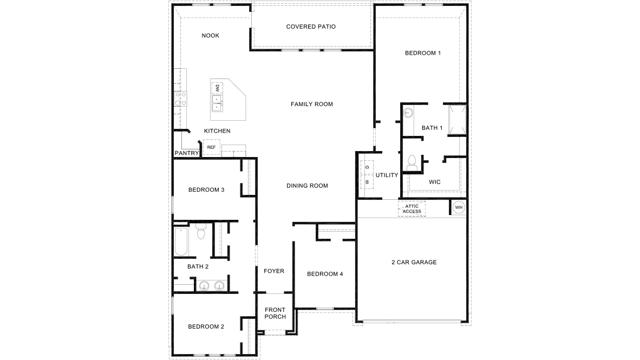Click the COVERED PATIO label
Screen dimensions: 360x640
coord(311,27)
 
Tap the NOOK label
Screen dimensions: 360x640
coord(210,36)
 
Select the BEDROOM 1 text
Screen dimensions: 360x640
coord(423,53)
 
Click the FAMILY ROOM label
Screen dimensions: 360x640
coord(311,104)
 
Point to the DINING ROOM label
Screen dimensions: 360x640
coord(307,186)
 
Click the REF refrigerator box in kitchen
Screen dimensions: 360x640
coord(211,147)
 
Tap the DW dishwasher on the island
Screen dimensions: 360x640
coord(217,88)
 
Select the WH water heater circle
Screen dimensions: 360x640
coord(458,207)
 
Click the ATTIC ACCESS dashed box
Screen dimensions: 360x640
coord(412,209)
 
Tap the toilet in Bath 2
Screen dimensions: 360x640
coord(201,233)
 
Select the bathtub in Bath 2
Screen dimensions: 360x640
coord(180,242)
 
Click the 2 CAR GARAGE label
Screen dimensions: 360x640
coord(414,263)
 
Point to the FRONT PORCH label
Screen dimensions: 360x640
coord(275,313)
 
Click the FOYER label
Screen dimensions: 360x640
coord(274,271)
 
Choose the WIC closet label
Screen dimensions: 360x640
coord(434,182)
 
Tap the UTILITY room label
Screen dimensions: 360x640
coord(387,175)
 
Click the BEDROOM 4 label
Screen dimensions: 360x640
coord(325,274)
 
